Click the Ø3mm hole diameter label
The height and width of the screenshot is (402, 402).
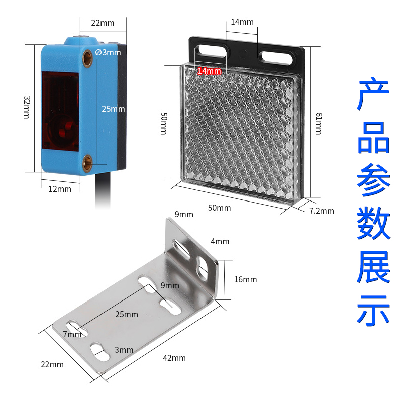pos(108,52)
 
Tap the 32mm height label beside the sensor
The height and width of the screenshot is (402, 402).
pos(27,107)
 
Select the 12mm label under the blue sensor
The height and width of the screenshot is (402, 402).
pos(60,189)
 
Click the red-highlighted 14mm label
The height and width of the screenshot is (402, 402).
pos(209,71)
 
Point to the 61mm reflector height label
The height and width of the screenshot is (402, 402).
pos(318,123)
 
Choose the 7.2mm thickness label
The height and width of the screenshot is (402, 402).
pos(322,211)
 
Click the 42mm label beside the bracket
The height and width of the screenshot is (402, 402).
pos(174,358)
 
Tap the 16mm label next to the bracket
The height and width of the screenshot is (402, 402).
pos(245,279)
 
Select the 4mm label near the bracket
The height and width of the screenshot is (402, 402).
pos(220,241)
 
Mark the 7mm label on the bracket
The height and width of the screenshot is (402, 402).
pos(72,334)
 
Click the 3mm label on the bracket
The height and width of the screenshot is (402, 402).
pos(124,350)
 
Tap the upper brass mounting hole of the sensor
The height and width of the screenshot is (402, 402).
pos(88,53)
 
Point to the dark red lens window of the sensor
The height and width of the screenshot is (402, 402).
pos(57,113)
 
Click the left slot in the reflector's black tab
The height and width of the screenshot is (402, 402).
pos(212,50)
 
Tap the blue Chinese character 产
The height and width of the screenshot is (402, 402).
pos(373,95)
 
